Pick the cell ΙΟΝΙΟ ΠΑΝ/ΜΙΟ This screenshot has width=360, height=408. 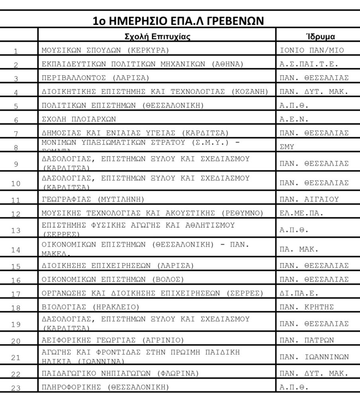pyautogui.click(x=312, y=50)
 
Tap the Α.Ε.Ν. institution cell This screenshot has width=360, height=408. pyautogui.click(x=294, y=119)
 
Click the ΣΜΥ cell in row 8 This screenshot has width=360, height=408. pyautogui.click(x=287, y=147)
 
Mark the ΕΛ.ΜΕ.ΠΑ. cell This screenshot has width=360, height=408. pyautogui.click(x=301, y=213)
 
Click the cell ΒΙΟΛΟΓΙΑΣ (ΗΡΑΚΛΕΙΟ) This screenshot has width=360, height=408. pyautogui.click(x=90, y=307)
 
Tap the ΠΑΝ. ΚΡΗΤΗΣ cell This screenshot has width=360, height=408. pyautogui.click(x=307, y=307)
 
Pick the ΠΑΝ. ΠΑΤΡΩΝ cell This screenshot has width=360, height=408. pyautogui.click(x=307, y=340)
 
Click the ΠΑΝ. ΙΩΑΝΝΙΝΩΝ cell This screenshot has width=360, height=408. pyautogui.click(x=314, y=357)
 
